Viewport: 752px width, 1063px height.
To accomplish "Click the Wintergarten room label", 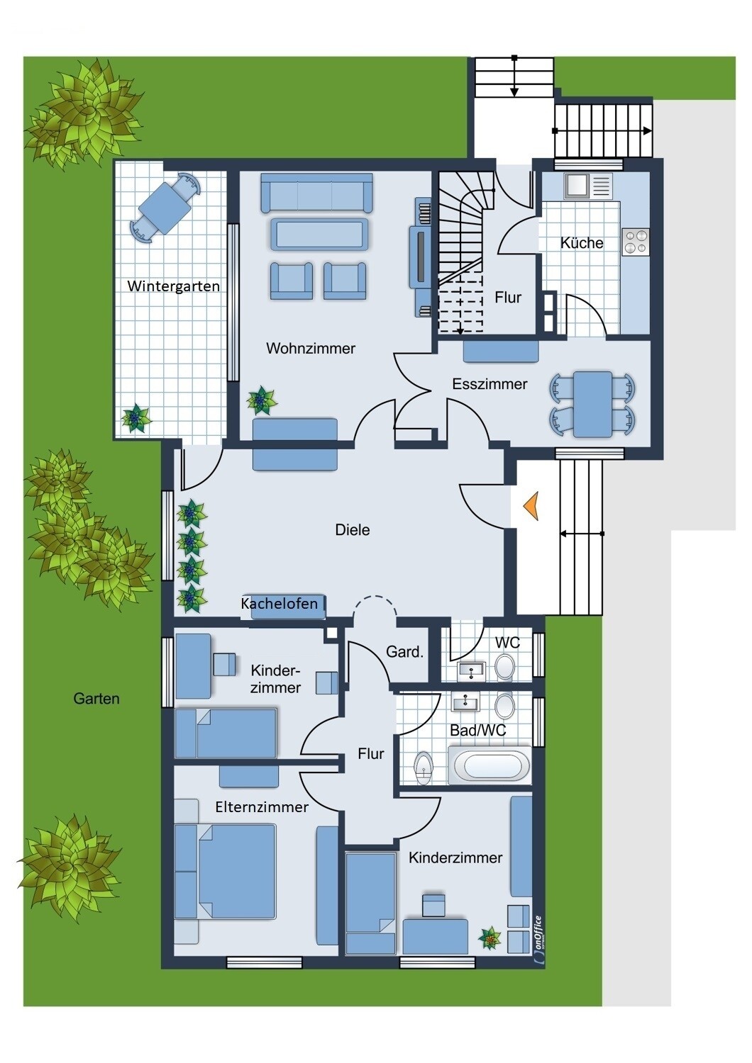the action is tap(173, 286).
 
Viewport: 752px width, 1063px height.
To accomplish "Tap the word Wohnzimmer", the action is tap(311, 349).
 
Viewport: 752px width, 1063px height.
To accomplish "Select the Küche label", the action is tap(582, 243).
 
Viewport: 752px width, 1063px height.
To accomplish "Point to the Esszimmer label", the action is tap(490, 384).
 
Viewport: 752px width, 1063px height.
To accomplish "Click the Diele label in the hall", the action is tap(353, 529).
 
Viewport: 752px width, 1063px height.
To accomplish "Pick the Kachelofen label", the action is tap(280, 604).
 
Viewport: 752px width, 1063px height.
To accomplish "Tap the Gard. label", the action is tap(404, 652).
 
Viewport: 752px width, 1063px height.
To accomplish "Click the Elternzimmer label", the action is tap(262, 807).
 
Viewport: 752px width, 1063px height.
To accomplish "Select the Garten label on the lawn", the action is tap(96, 699).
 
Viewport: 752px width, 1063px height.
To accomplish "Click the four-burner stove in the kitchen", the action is tap(636, 241).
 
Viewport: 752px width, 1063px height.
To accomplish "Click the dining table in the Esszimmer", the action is tap(592, 405).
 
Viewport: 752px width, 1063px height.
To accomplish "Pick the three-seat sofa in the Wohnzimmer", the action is tap(317, 192).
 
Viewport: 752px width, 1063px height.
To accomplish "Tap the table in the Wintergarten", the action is tap(165, 208).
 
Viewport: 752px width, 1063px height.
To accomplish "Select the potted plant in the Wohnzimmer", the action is tap(261, 401).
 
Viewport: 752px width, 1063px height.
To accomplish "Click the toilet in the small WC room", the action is tap(504, 667).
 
